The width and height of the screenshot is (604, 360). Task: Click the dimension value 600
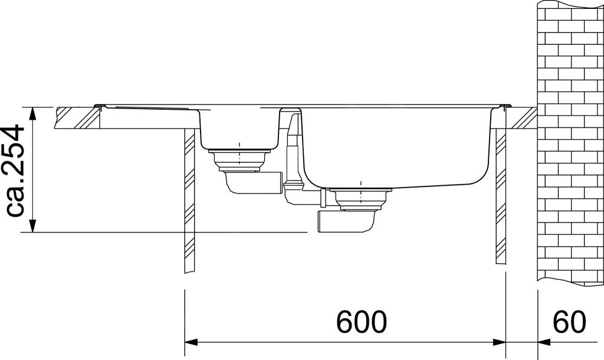tap(362, 321)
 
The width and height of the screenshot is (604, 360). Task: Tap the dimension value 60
tap(569, 321)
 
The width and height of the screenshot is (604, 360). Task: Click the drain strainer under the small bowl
tap(239, 158)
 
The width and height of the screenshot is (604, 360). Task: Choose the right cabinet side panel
tap(500, 195)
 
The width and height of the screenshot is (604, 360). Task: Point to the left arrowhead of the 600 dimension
tap(191, 342)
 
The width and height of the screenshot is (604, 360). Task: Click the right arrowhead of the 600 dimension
tap(500, 342)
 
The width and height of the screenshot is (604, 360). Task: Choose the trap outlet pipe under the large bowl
tap(345, 223)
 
